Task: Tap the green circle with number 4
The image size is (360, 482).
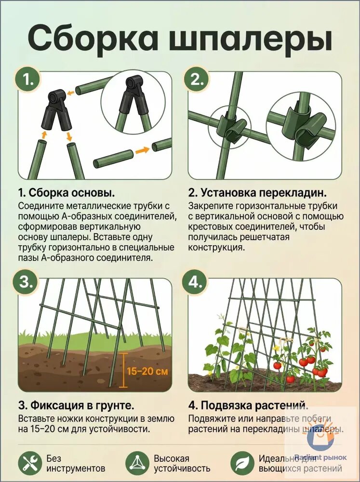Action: [x=195, y=282]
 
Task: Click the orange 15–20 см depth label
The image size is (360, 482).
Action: [x=147, y=371]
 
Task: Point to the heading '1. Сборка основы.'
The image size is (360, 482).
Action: [x=67, y=193]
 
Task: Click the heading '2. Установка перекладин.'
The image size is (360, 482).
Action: [x=257, y=193]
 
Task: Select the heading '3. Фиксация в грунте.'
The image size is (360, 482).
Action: [x=76, y=405]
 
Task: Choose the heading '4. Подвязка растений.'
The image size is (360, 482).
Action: [x=248, y=405]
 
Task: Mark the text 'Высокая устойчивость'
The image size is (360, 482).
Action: [x=182, y=463]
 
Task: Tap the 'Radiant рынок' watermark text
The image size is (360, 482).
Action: [x=320, y=457]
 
